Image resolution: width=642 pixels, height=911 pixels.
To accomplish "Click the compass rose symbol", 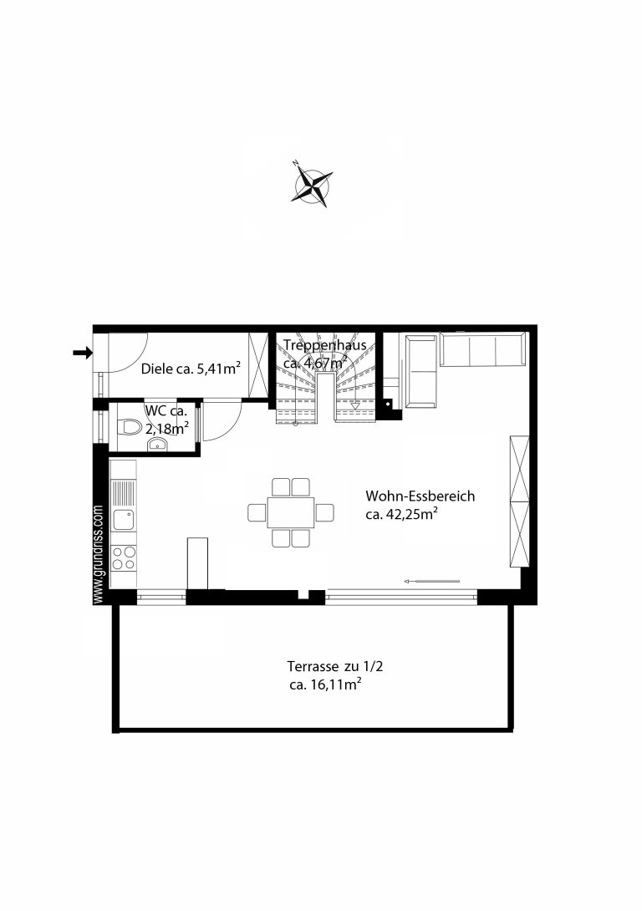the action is [x=312, y=186].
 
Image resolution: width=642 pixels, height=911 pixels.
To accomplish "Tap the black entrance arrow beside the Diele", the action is [x=83, y=352].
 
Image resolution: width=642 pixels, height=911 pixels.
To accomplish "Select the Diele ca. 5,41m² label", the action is [x=191, y=369].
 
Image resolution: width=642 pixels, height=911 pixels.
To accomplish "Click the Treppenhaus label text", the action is [x=325, y=345].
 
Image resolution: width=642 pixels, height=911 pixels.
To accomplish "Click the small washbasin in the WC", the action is [x=157, y=445].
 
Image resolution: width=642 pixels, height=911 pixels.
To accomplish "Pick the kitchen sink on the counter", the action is [x=124, y=518].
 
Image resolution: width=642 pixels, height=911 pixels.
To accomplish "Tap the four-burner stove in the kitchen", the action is [x=123, y=557].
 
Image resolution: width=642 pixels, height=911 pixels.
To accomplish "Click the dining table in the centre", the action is [x=291, y=512].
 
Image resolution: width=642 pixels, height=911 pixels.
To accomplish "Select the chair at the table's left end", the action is [x=257, y=512].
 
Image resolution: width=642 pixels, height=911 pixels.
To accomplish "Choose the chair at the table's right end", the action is [x=325, y=512].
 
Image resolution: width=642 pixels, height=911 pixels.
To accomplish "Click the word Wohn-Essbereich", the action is [x=420, y=496].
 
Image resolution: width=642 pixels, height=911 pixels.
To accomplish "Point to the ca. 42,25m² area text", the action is [x=401, y=514].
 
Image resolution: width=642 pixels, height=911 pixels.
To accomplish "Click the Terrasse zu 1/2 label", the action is [x=334, y=666].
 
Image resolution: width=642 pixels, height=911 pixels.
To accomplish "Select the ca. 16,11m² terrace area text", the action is [x=325, y=685].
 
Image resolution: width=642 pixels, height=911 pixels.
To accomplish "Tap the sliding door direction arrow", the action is [x=432, y=580].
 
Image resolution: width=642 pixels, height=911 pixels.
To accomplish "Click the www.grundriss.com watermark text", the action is [x=98, y=553].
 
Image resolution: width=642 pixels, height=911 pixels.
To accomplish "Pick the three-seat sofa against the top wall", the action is [x=483, y=349].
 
